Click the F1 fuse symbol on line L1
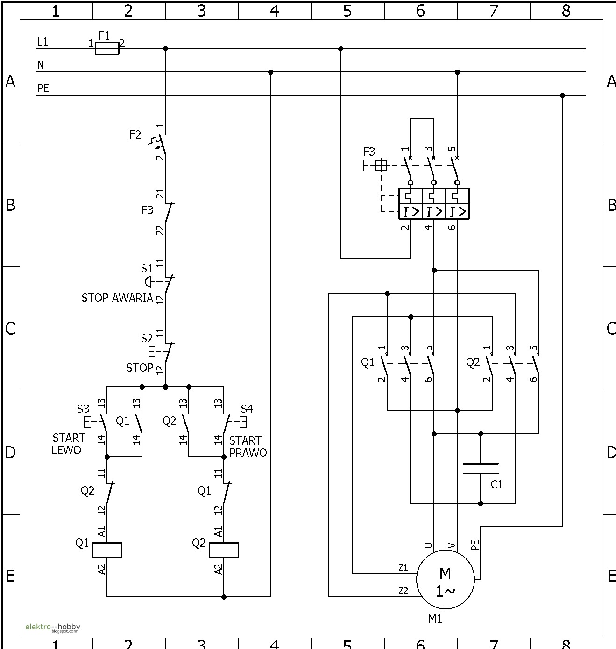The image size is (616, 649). pyautogui.click(x=107, y=49)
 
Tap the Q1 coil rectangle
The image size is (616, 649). pyautogui.click(x=107, y=550)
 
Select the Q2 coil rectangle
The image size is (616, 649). pyautogui.click(x=224, y=550)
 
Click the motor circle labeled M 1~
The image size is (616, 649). pyautogui.click(x=446, y=580)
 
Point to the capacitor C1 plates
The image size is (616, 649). pyautogui.click(x=481, y=468)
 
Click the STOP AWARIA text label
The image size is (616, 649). pyautogui.click(x=117, y=298)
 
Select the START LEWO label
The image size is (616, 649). pyautogui.click(x=68, y=444)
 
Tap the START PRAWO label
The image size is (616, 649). pyautogui.click(x=248, y=447)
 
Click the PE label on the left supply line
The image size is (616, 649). pyautogui.click(x=43, y=88)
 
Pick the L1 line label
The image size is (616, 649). pyautogui.click(x=42, y=42)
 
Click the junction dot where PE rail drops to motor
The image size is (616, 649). pyautogui.click(x=562, y=95)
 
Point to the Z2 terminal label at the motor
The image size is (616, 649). pyautogui.click(x=404, y=591)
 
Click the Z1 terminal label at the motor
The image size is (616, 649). pyautogui.click(x=404, y=567)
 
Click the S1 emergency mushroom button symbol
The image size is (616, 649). pyautogui.click(x=148, y=282)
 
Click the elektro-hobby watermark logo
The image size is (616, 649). pyautogui.click(x=52, y=628)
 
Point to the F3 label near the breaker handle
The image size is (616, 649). pyautogui.click(x=369, y=152)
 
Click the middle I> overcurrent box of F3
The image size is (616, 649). pyautogui.click(x=434, y=212)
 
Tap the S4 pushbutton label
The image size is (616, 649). pyautogui.click(x=247, y=409)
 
